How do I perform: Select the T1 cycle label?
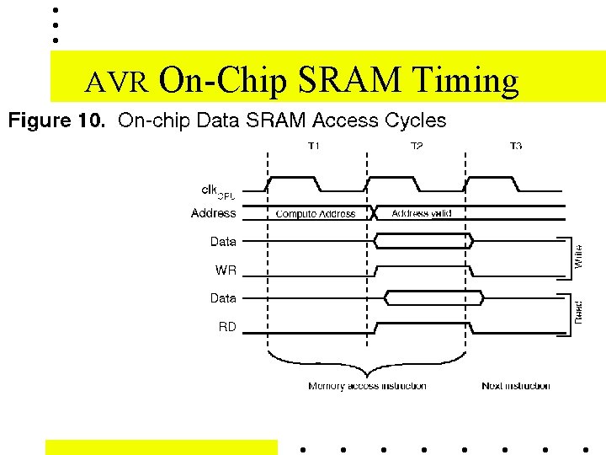(x=314, y=147)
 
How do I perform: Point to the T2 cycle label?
(x=417, y=147)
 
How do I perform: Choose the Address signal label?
(x=214, y=213)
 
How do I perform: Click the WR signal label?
(x=226, y=270)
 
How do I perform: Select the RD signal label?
(x=227, y=327)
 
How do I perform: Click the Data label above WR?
(x=223, y=242)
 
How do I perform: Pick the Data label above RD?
(x=223, y=298)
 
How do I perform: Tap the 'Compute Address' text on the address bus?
(x=316, y=214)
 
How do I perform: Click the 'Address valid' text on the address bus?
(x=422, y=213)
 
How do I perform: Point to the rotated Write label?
(x=578, y=256)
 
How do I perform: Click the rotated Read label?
(x=578, y=312)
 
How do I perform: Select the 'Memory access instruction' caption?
(x=367, y=386)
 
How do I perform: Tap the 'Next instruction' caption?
(x=516, y=386)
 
